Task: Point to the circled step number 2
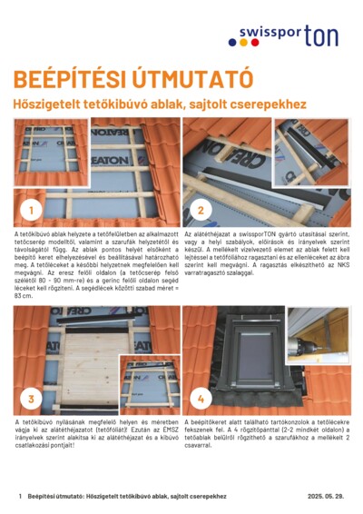pos(201,212)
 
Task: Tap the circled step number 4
pos(201,398)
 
